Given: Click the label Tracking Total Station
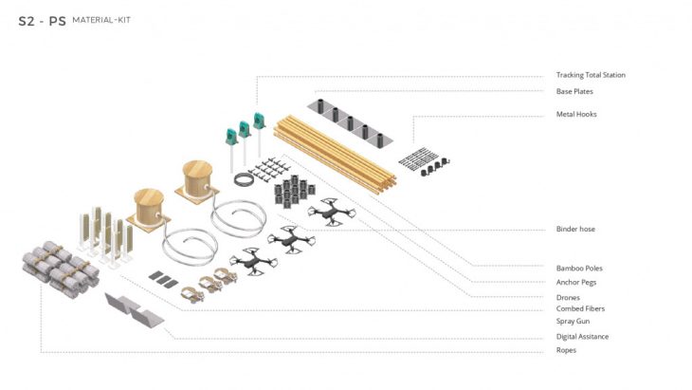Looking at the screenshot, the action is (591, 75).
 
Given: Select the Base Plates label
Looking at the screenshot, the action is (574, 91).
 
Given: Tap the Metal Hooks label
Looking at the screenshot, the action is (576, 114).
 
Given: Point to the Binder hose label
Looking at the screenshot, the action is (575, 229).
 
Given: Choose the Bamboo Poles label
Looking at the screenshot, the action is (579, 269).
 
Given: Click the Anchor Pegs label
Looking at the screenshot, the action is (576, 282).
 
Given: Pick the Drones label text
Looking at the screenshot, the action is (568, 298).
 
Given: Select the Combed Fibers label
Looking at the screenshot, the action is (580, 308).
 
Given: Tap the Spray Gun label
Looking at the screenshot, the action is (573, 321).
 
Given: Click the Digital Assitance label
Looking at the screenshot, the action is (582, 337).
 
